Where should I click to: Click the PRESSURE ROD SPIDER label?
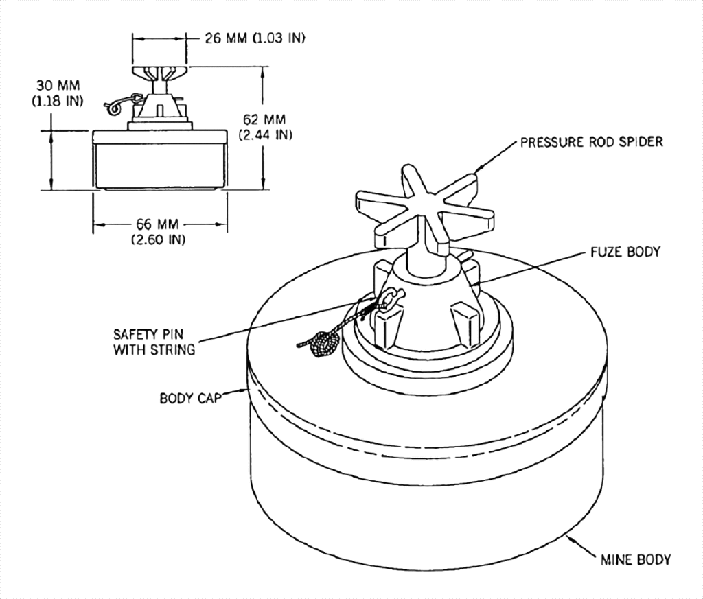pyautogui.click(x=591, y=143)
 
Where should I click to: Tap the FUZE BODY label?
pyautogui.click(x=625, y=252)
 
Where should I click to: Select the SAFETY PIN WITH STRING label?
pyautogui.click(x=154, y=342)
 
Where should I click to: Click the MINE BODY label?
pyautogui.click(x=636, y=560)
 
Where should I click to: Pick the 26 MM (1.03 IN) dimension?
pyautogui.click(x=255, y=38)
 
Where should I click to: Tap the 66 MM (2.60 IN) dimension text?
pyautogui.click(x=158, y=232)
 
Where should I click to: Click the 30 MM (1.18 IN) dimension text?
pyautogui.click(x=58, y=93)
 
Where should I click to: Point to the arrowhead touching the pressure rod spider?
pyautogui.click(x=479, y=169)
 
